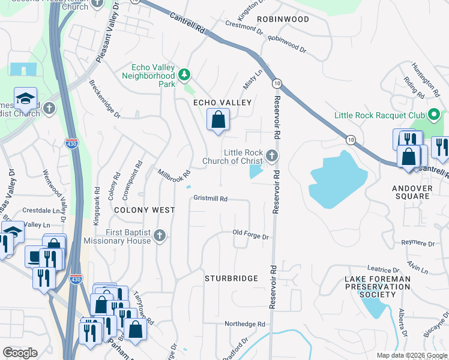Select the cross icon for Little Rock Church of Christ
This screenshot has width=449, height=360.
click(x=272, y=157)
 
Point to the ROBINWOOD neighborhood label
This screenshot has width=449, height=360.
click(x=283, y=19)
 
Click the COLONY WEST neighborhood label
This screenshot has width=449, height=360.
click(x=144, y=210)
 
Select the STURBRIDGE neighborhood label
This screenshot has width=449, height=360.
click(x=231, y=278)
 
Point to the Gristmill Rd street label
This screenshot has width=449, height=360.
click(x=210, y=199)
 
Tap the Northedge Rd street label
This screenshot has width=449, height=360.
click(x=244, y=324)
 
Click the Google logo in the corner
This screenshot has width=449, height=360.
click(x=20, y=353)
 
